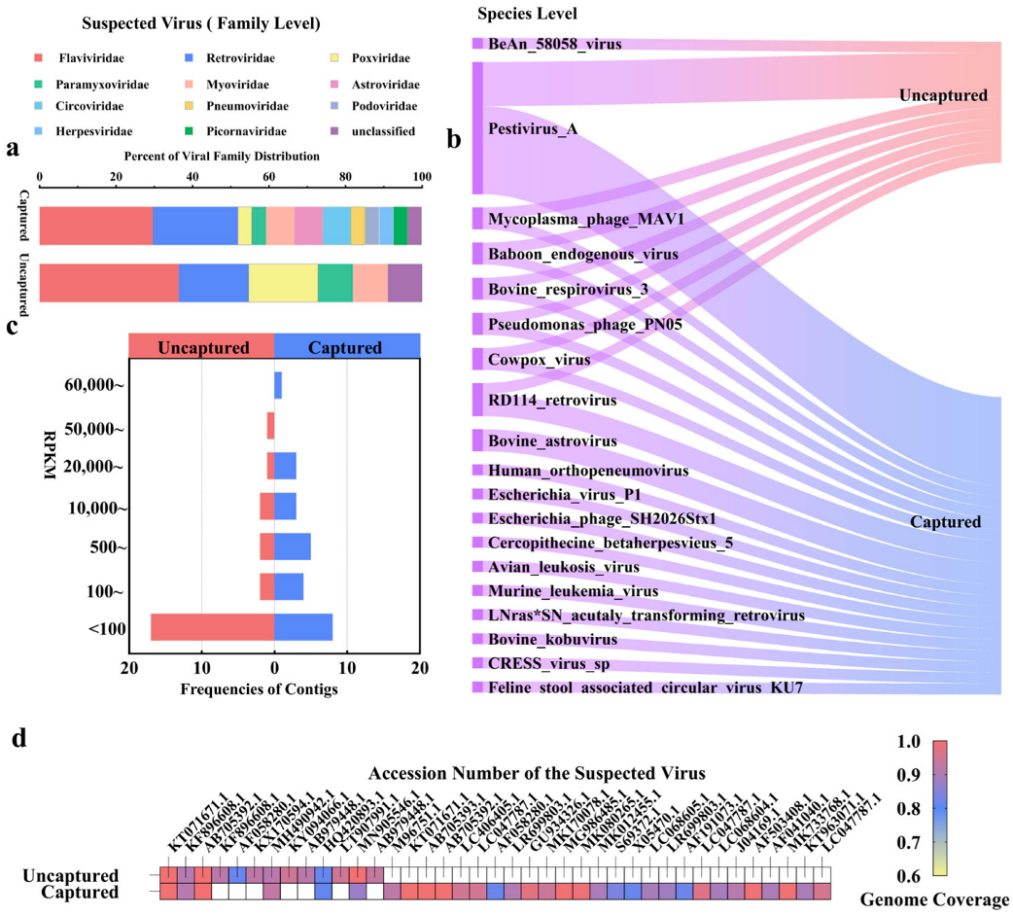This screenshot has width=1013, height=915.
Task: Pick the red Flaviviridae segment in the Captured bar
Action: tap(95, 226)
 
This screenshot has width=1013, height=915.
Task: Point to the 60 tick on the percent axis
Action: tap(268, 177)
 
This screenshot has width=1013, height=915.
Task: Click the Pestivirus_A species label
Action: tap(533, 127)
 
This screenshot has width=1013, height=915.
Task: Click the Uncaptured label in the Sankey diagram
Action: tap(943, 95)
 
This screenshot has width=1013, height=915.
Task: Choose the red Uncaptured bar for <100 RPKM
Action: tap(212, 627)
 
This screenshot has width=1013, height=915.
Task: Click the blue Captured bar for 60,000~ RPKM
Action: tap(278, 385)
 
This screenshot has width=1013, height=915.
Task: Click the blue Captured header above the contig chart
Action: tap(346, 346)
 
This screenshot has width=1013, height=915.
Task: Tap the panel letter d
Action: tap(17, 737)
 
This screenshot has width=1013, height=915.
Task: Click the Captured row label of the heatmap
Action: tap(85, 892)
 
